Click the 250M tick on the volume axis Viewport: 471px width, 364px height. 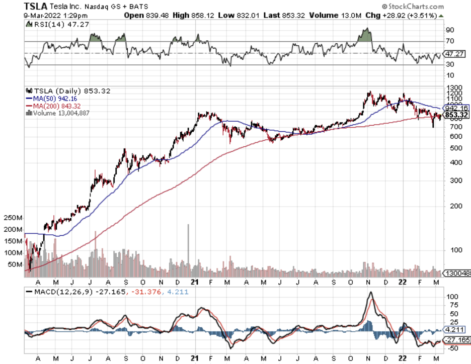(13, 218)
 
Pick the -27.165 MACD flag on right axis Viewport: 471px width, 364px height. (455, 340)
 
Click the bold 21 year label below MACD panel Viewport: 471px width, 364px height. (194, 357)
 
